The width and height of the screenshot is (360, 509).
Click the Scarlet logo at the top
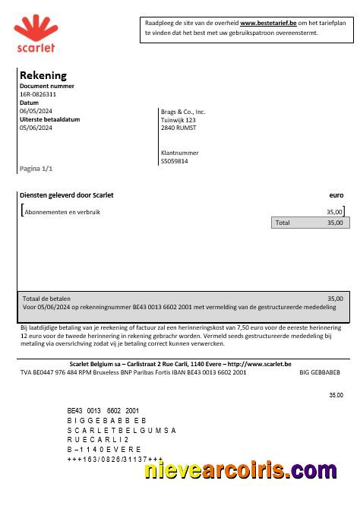[x=35, y=36]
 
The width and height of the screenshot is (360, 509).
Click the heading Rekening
[x=43, y=75]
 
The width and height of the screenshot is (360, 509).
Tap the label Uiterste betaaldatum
[x=49, y=120]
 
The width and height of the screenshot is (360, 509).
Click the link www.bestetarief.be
[x=268, y=24]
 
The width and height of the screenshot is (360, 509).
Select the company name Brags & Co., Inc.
[x=183, y=112]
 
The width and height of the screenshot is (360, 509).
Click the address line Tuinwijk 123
[x=178, y=120]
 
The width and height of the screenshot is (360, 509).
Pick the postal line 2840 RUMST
[x=178, y=128]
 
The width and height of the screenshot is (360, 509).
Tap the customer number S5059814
[x=175, y=161]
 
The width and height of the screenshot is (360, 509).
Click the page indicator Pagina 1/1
[x=36, y=168]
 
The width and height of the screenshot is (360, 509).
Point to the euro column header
[x=336, y=195]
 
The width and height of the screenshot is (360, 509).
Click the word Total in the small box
[x=283, y=223]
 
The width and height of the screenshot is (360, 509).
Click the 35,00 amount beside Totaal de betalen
[x=334, y=299]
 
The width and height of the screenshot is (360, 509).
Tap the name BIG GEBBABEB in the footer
[x=321, y=373]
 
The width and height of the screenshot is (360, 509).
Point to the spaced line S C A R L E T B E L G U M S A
[x=121, y=430]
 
